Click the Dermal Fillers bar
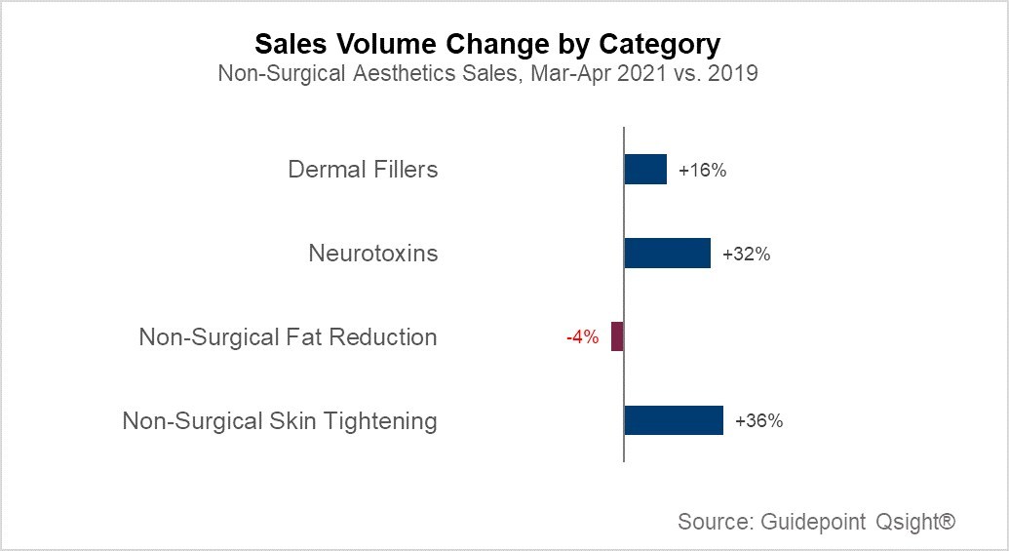pos(645,169)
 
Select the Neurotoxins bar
pos(667,254)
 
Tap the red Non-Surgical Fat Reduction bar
pos(617,336)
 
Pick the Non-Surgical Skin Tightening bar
pos(673,420)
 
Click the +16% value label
pos(703,170)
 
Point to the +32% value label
pos(747,255)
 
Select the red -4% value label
pos(582,337)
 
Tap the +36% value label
pos(759,421)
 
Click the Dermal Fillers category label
pos(363,170)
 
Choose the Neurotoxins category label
pos(373,254)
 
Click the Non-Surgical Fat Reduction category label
pos(289,337)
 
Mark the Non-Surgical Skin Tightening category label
pos(280,421)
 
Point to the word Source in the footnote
pos(711,522)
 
